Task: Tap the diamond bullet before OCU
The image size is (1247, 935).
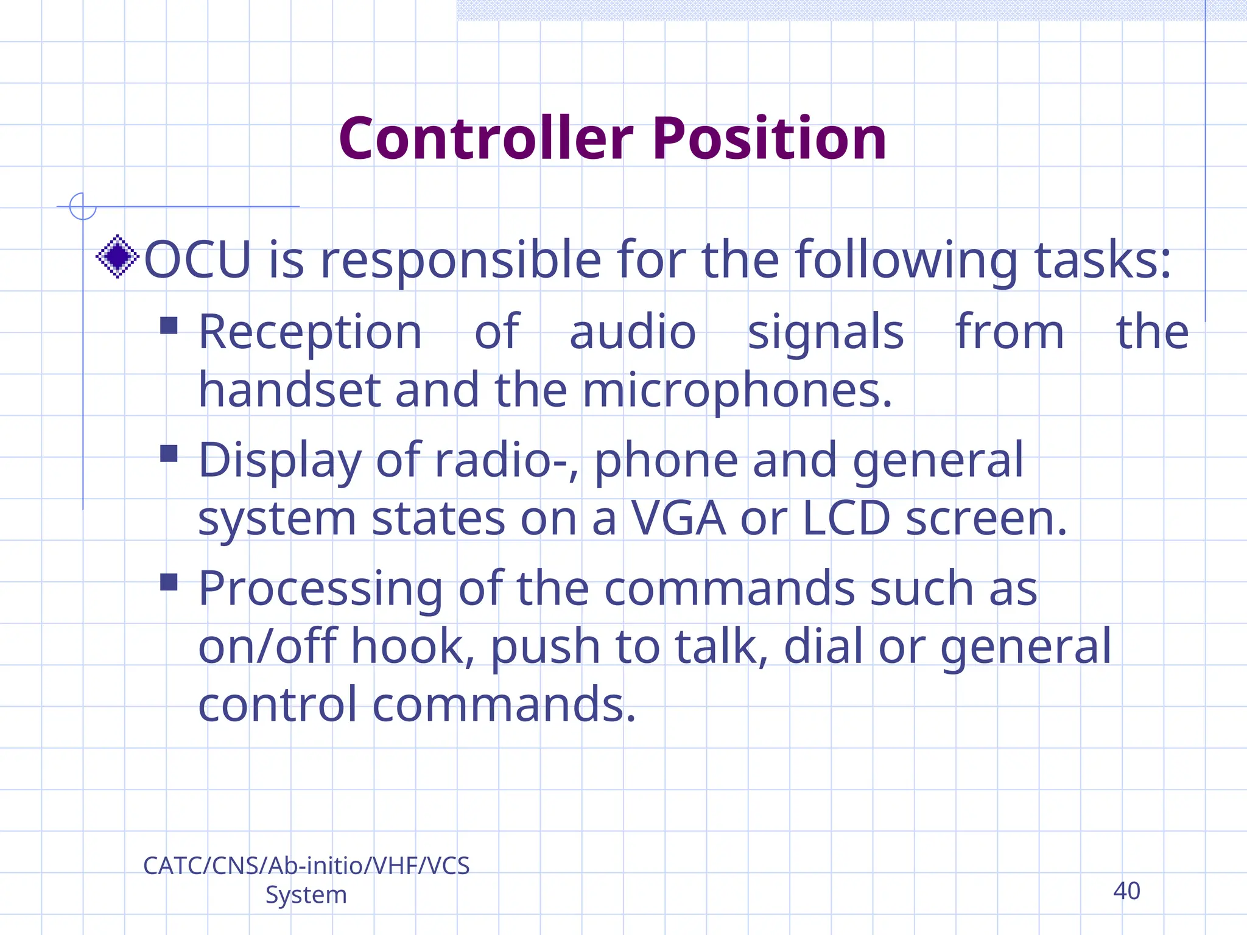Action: click(118, 257)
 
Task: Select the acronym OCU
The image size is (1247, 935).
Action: click(197, 260)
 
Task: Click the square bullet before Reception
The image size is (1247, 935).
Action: click(169, 326)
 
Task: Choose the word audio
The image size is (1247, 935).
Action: click(633, 332)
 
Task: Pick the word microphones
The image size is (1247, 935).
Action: click(737, 391)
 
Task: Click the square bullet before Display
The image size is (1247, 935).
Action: click(169, 453)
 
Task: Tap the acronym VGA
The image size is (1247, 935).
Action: click(678, 519)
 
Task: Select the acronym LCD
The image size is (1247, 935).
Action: click(846, 519)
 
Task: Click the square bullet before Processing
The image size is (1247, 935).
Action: click(169, 582)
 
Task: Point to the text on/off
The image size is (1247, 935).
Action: click(267, 646)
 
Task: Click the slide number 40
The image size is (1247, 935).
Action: click(1126, 891)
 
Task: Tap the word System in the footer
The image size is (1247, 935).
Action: click(306, 895)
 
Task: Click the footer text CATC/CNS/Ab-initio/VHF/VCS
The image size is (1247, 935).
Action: click(306, 866)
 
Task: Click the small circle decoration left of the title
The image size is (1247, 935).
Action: click(83, 206)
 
